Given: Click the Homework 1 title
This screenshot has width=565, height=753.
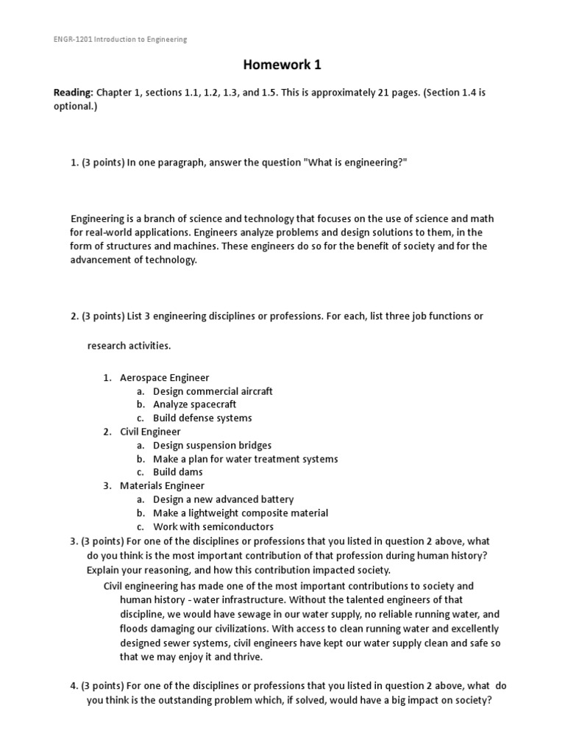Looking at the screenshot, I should point(282,65).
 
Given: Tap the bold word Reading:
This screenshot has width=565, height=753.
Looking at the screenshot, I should point(73,93).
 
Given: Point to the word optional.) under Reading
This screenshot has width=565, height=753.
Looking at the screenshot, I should point(75,106).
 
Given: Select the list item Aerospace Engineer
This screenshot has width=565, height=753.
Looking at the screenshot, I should point(164,378).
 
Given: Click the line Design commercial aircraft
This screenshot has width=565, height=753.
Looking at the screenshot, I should point(213,391).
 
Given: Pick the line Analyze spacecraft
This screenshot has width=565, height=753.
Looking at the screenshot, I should point(194,404).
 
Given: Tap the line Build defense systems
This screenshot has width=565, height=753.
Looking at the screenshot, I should point(202,418).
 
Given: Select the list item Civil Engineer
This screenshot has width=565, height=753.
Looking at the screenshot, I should point(150,432).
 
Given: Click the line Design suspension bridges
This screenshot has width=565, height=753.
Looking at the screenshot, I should point(212,445).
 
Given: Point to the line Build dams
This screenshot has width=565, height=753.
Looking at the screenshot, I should point(177,472).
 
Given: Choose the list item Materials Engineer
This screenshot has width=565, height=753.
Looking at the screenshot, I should point(162,485).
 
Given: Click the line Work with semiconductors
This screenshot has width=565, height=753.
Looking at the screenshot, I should point(213,527).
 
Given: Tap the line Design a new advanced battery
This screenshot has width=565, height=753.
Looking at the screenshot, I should point(223,499).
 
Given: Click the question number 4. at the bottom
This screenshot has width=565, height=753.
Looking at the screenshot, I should point(74,686).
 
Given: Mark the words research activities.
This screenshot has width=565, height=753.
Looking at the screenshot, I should point(129,345).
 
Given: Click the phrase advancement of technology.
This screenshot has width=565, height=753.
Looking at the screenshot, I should point(134,260).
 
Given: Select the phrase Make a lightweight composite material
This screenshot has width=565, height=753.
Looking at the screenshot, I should point(241,513).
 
